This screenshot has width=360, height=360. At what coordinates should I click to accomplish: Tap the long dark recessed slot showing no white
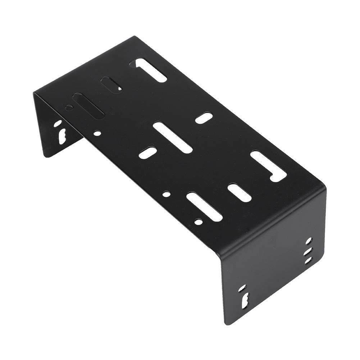tap(88, 105)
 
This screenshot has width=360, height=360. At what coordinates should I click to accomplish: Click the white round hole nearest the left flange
tap(97, 133)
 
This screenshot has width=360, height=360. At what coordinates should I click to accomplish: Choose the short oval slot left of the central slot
tap(147, 152)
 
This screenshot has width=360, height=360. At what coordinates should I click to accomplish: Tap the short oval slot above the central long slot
tap(204, 118)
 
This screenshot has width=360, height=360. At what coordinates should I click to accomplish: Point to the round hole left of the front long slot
tap(166, 194)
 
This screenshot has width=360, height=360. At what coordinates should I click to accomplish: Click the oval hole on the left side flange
tap(58, 124)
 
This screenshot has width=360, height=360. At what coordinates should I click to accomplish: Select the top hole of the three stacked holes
tap(309, 241)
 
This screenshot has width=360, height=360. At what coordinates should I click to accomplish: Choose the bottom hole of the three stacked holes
tap(308, 260)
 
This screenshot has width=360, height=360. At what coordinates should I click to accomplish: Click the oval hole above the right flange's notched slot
tap(242, 288)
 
